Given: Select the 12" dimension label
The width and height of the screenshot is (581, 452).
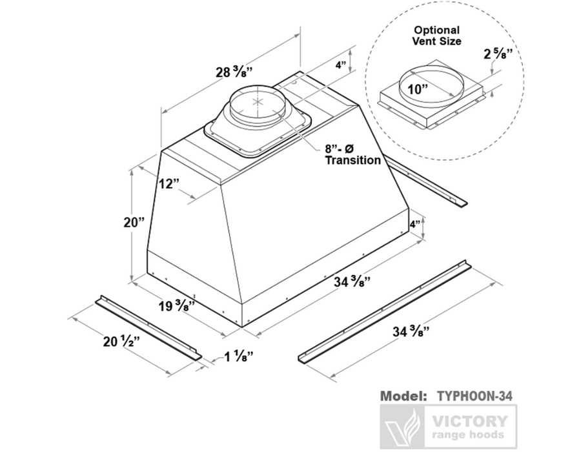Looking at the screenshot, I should coord(168,184).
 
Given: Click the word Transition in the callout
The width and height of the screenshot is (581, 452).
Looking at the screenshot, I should coord(353,160).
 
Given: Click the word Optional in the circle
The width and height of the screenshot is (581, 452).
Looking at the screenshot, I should coord(437,30).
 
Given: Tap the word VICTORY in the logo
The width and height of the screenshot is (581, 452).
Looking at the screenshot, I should coord(469,422).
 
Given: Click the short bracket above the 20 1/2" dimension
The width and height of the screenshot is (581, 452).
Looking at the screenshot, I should coord(148,327).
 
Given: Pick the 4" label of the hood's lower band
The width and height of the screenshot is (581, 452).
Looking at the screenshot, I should coord(416,225).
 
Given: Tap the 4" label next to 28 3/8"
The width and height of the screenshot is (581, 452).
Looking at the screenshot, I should coord(341,65).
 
